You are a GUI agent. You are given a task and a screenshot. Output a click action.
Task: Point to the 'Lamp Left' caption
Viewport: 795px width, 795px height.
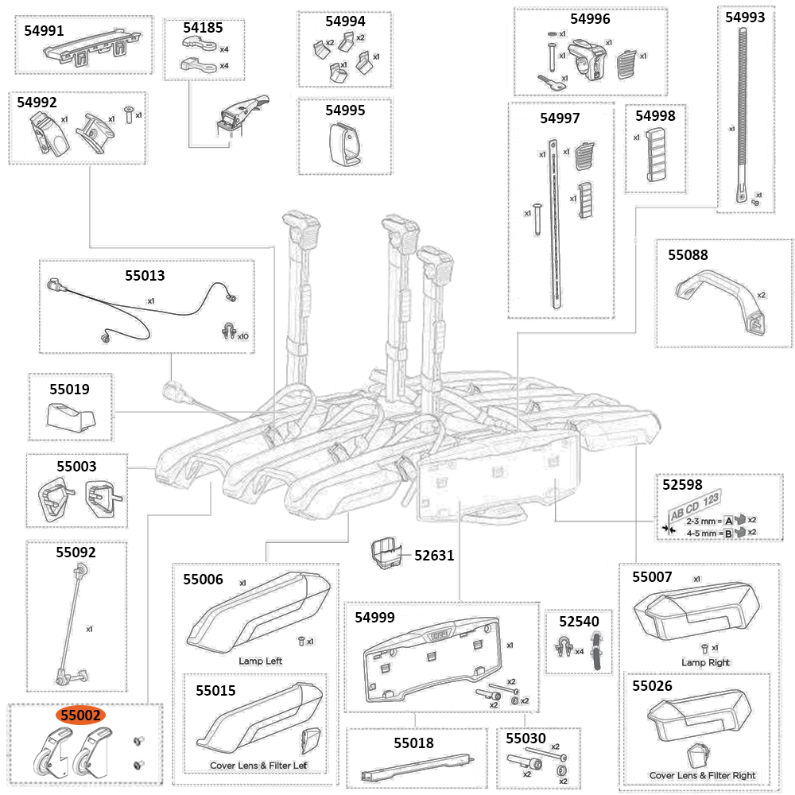click(x=260, y=661)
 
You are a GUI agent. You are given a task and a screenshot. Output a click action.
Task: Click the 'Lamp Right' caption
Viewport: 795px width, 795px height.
click(x=705, y=662)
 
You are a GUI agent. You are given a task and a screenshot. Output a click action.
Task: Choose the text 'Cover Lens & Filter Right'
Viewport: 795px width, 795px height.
click(x=702, y=775)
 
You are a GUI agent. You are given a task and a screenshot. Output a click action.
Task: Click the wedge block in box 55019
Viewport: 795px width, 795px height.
click(x=70, y=415)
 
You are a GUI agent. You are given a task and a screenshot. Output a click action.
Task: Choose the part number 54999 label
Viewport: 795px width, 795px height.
click(x=374, y=617)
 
